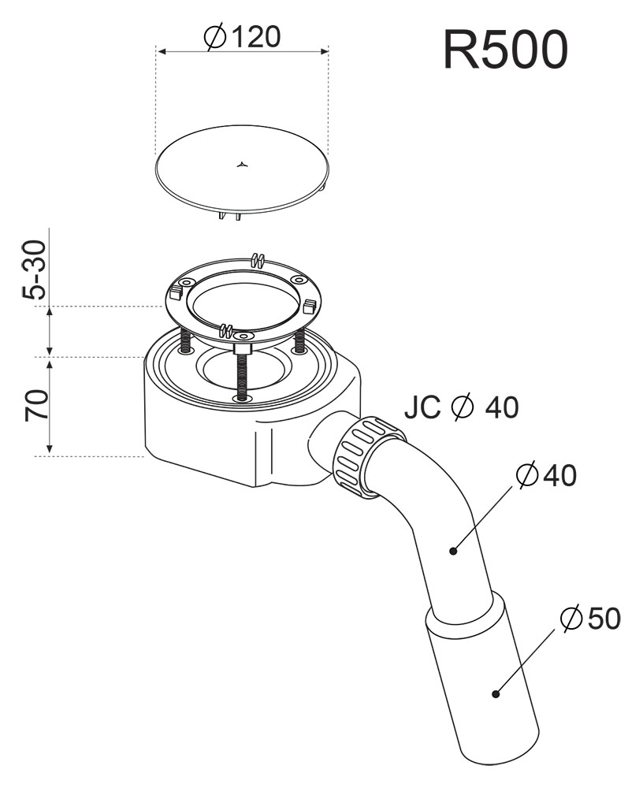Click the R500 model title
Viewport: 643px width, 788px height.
pyautogui.click(x=506, y=49)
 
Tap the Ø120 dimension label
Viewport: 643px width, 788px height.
pyautogui.click(x=243, y=37)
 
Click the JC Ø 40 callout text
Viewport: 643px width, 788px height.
pyautogui.click(x=462, y=407)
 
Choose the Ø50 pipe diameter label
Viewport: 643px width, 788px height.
pyautogui.click(x=590, y=618)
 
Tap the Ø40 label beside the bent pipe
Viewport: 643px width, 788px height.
pyautogui.click(x=547, y=475)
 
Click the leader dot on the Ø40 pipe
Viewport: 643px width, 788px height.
pyautogui.click(x=453, y=551)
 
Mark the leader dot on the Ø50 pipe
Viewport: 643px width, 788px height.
pyautogui.click(x=496, y=694)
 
